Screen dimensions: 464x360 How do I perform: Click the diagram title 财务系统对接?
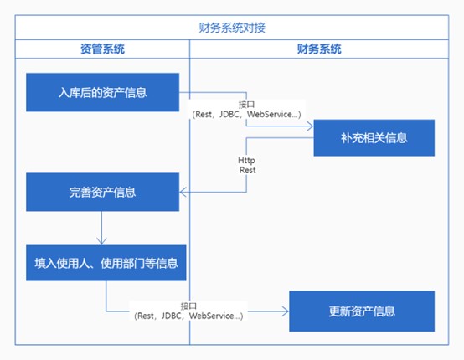tap(232, 28)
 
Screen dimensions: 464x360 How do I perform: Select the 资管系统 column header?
tap(102, 49)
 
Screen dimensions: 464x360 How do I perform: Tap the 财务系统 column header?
tap(319, 49)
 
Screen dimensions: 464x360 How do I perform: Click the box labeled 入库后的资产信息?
tap(102, 92)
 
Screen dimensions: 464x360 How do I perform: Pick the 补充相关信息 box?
tap(374, 138)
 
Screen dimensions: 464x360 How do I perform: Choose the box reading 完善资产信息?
tap(102, 192)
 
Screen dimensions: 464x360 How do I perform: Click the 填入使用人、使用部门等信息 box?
tap(106, 263)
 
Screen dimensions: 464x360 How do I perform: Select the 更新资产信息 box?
tap(362, 311)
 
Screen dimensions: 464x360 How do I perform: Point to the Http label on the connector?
tap(246, 161)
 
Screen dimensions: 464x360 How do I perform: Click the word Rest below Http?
tap(248, 170)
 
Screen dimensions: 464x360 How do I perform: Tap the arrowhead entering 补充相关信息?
tap(310, 126)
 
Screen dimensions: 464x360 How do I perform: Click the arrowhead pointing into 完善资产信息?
tap(183, 192)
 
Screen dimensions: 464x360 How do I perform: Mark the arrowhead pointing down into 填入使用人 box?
tap(102, 241)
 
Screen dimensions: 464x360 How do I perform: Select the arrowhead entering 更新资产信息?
tap(286, 311)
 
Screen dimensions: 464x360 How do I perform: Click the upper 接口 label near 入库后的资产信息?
tap(246, 105)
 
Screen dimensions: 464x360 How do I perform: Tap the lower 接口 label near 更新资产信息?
tap(188, 306)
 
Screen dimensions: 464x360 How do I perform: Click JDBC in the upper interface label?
tap(229, 114)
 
